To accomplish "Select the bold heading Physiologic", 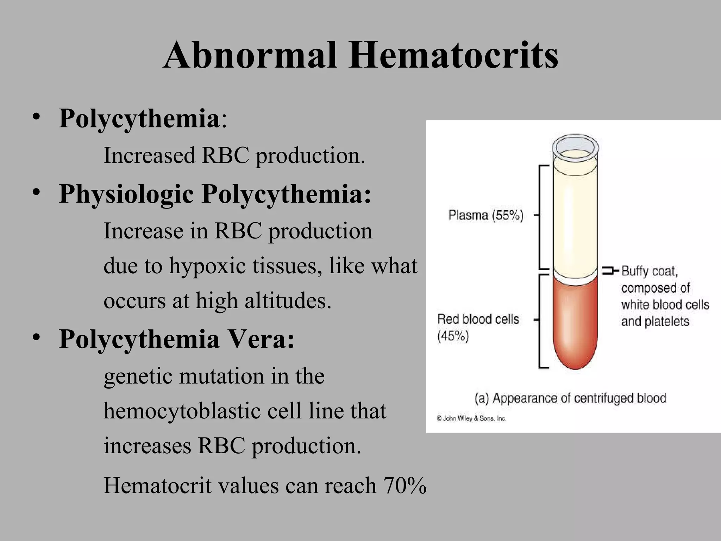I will point(126,194).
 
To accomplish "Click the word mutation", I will point(221,376).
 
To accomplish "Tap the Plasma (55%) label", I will point(486,215).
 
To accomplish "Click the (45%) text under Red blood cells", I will point(453,336).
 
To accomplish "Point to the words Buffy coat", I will point(650,271).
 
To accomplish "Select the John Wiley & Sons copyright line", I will point(471,418).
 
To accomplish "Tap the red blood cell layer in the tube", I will point(575,324).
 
